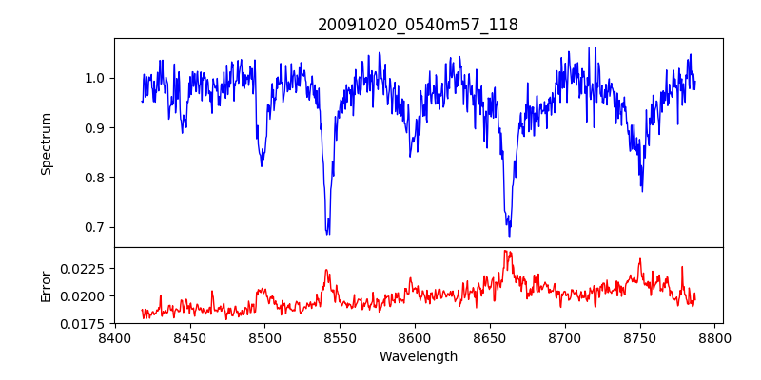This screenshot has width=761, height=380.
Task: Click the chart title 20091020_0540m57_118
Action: click(x=418, y=26)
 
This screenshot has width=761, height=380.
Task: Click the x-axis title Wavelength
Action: click(x=418, y=357)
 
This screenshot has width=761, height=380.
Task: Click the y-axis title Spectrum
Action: click(x=47, y=143)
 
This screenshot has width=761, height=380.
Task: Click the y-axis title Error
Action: click(x=47, y=286)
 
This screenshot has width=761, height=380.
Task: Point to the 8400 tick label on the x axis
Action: click(x=114, y=337)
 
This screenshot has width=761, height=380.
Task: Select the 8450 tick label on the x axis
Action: click(x=189, y=337)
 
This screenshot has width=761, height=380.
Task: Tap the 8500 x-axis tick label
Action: click(x=264, y=337)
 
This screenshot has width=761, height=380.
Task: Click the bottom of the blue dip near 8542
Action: click(x=327, y=234)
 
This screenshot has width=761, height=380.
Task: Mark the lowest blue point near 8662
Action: click(x=509, y=237)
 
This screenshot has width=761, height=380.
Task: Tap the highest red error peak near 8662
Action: click(x=506, y=251)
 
